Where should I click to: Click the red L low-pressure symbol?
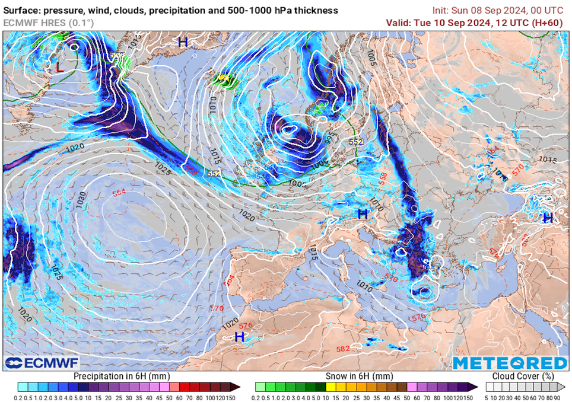(x=59, y=67)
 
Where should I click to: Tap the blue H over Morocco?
(x=240, y=337)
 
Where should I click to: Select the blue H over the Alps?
(x=363, y=213)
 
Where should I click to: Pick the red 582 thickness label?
(x=343, y=349)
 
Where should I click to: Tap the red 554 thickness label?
(x=119, y=193)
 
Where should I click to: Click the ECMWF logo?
(x=42, y=363)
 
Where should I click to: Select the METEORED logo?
(x=510, y=363)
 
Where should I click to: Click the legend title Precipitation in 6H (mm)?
(x=121, y=376)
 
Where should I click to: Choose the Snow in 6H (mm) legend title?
(x=359, y=376)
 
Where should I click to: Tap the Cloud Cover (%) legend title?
(x=523, y=376)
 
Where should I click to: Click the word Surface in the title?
(x=22, y=11)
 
